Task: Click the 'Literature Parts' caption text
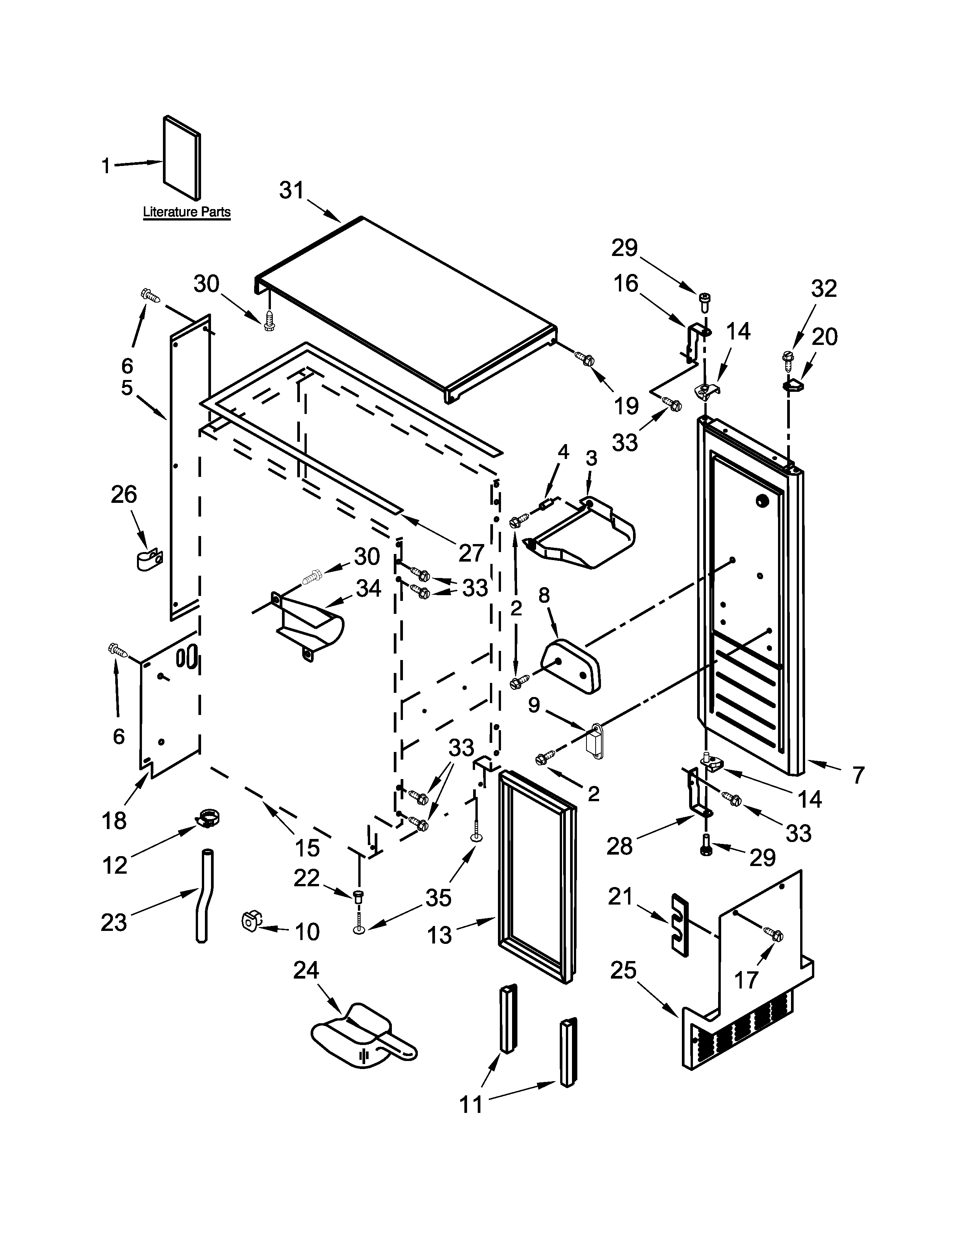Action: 186,212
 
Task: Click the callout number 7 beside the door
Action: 858,775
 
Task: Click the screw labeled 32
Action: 788,357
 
